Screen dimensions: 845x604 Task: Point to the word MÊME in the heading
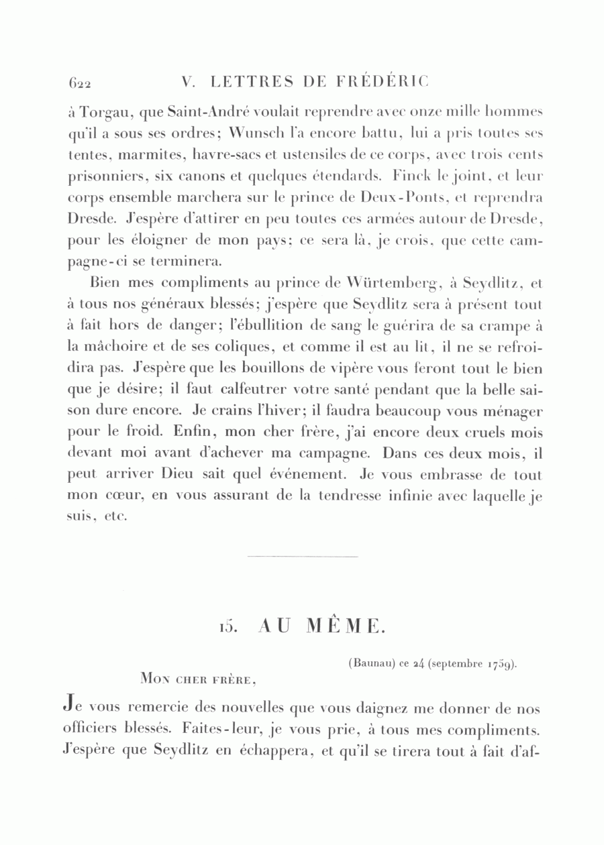tap(345, 627)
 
